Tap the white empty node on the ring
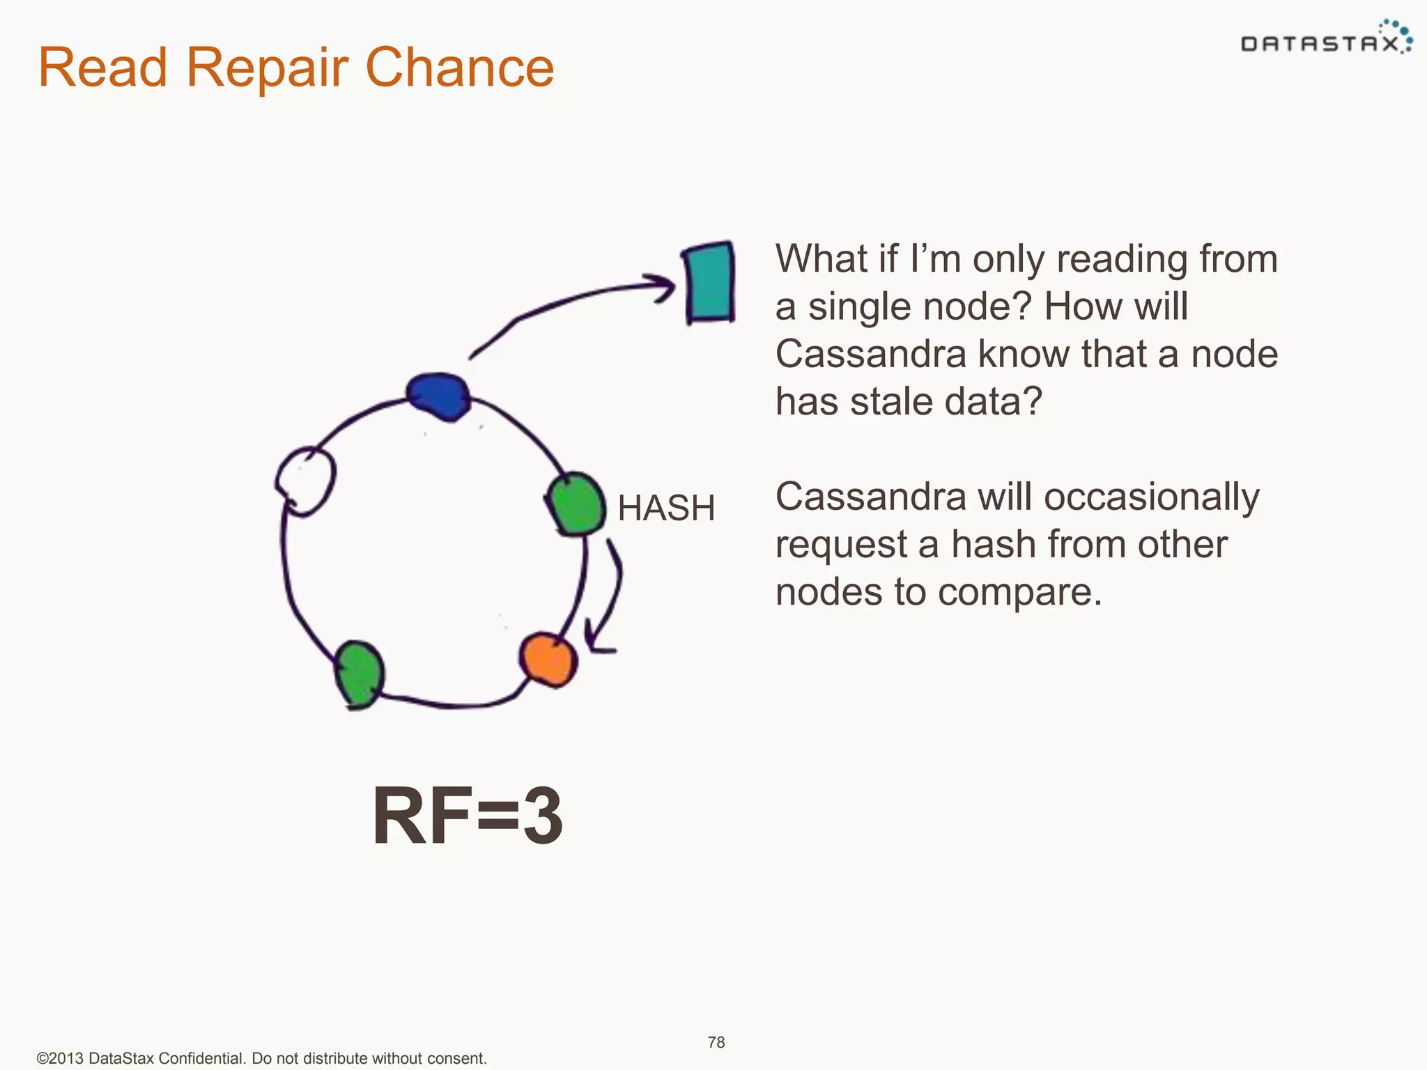pos(305,481)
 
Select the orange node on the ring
pos(548,659)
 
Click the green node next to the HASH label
pos(576,504)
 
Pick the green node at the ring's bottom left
pos(359,673)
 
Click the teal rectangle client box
pos(709,283)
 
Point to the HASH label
pos(666,508)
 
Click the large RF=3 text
pos(468,815)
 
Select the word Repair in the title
pos(266,68)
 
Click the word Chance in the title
pos(459,68)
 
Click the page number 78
pos(716,1042)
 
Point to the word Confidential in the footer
pos(201,1058)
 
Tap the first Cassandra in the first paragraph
pos(870,354)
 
